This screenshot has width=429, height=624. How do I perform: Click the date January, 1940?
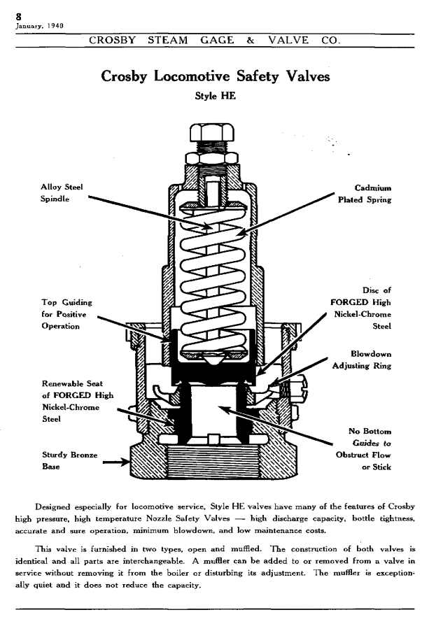click(39, 26)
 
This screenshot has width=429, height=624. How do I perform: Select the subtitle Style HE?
click(215, 97)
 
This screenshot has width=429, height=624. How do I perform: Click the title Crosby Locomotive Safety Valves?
click(215, 77)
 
